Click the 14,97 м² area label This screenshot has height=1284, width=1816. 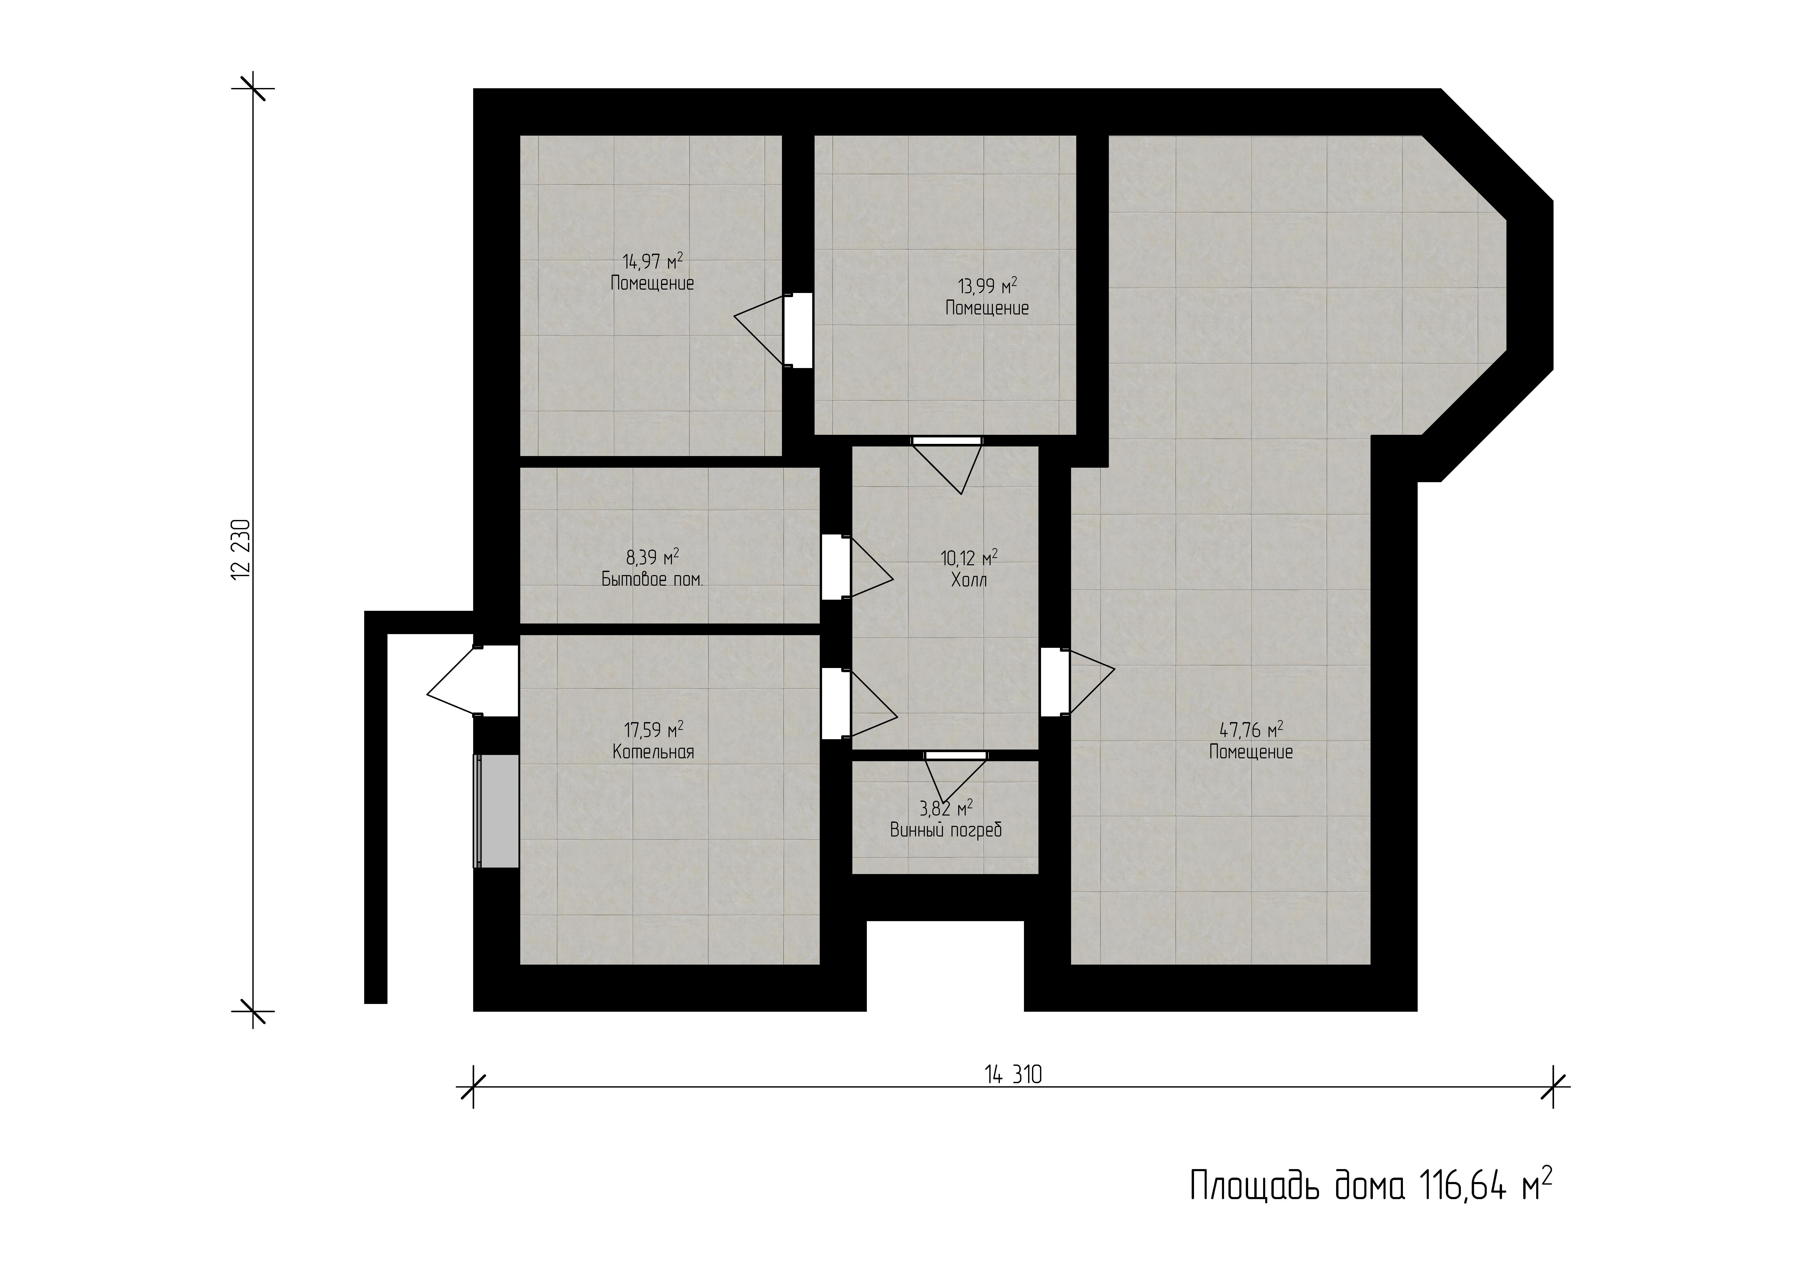click(653, 261)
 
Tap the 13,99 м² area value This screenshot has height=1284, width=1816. click(987, 285)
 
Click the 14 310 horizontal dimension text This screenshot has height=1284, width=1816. click(1013, 1074)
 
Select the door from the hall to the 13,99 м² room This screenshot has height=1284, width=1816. click(947, 465)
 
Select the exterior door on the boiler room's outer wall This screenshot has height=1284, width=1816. click(472, 681)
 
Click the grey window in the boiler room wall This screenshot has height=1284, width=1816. click(496, 811)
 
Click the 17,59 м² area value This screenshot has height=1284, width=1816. click(653, 729)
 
